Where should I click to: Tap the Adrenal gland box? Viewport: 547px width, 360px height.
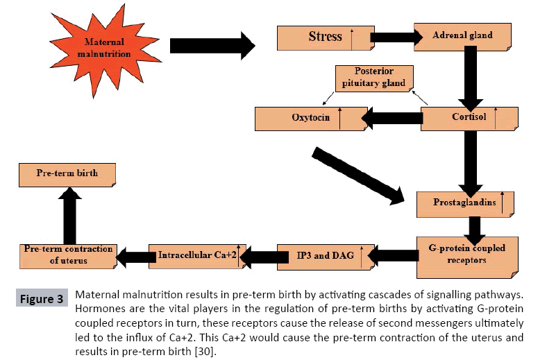(x=462, y=35)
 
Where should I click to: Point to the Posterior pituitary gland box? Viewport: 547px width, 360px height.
(x=373, y=78)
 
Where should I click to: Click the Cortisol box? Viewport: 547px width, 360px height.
(x=469, y=117)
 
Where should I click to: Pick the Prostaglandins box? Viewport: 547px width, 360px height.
(x=464, y=203)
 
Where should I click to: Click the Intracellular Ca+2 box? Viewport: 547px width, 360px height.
(x=198, y=256)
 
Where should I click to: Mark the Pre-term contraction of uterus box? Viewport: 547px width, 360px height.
(x=67, y=255)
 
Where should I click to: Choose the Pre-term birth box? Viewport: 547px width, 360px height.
(x=67, y=173)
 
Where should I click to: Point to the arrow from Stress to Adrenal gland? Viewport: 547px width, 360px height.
(x=392, y=36)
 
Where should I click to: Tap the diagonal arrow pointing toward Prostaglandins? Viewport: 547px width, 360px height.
(x=358, y=175)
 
